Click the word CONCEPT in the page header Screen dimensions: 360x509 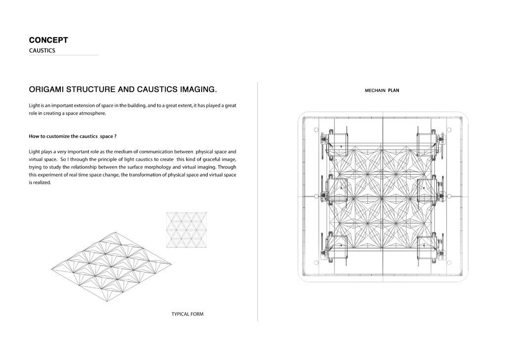[x=48, y=40]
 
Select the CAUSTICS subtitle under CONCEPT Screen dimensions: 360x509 [x=42, y=50]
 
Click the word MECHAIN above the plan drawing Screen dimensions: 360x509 [x=374, y=90]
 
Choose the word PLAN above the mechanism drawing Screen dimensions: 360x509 [x=393, y=90]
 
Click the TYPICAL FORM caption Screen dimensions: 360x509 [x=187, y=314]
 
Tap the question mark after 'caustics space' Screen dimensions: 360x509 [x=115, y=136]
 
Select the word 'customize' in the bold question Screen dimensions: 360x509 [x=60, y=136]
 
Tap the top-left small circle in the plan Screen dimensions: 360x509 [x=316, y=130]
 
